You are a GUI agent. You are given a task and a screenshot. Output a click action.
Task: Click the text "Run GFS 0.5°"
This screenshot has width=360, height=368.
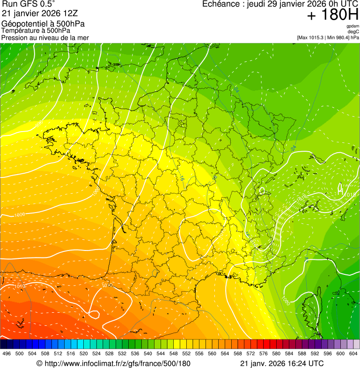tap(29, 4)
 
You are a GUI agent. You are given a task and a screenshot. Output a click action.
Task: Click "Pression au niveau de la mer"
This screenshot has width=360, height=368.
tap(45, 37)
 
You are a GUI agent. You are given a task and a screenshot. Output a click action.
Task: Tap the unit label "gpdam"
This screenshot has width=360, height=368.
tap(353, 26)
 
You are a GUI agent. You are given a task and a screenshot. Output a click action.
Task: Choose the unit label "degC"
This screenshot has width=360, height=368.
tap(353, 31)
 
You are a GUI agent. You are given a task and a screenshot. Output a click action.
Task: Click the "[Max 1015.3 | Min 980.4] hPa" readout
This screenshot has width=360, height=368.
tap(328, 37)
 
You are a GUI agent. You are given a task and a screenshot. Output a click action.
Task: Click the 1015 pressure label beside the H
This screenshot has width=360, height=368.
tap(351, 194)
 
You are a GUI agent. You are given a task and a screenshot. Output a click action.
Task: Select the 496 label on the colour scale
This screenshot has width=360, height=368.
tap(7, 353)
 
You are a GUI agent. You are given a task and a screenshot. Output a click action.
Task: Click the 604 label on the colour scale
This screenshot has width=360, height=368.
tap(353, 353)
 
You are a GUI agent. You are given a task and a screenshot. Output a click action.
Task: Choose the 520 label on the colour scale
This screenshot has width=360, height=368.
tap(84, 353)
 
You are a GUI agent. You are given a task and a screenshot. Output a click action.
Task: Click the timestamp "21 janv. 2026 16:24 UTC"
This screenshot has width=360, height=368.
tap(281, 363)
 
